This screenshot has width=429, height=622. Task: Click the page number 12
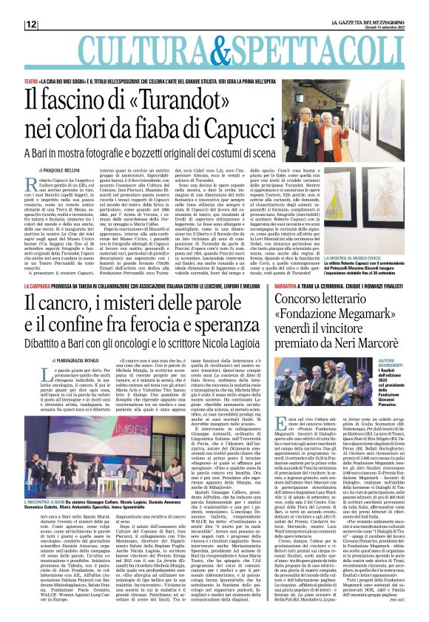[x=31, y=24]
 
